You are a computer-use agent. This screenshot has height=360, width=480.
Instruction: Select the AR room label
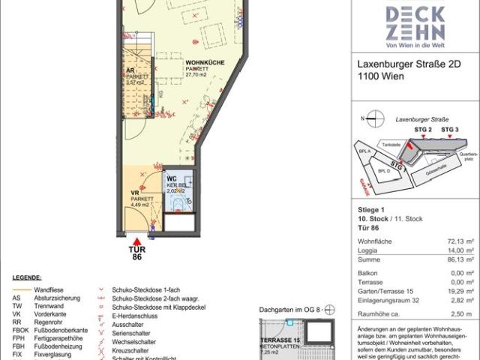(130, 70)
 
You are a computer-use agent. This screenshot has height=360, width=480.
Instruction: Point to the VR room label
(136, 193)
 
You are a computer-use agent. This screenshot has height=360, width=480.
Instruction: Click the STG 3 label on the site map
(449, 130)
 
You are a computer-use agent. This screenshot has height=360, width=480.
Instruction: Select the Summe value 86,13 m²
(459, 262)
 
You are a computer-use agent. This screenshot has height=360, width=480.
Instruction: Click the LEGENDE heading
(26, 278)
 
